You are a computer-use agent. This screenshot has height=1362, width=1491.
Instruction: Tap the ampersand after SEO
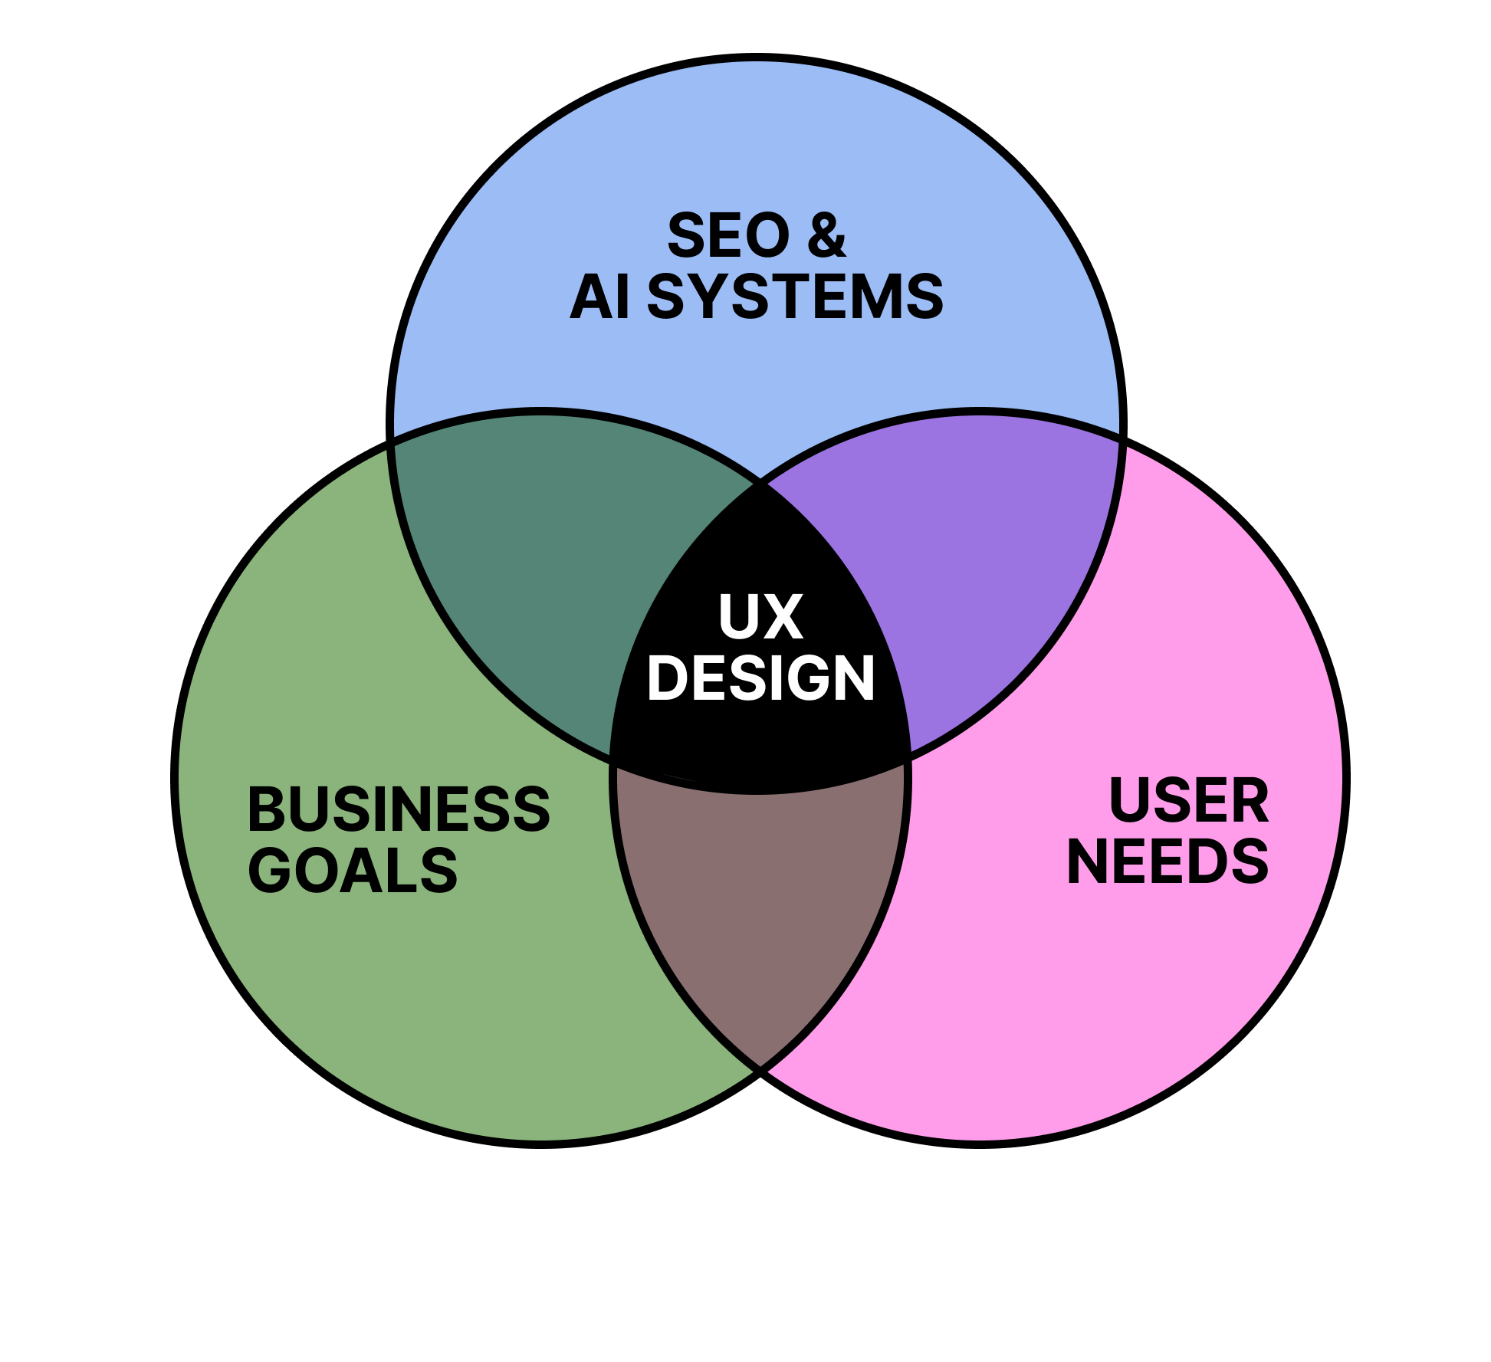pyautogui.click(x=826, y=236)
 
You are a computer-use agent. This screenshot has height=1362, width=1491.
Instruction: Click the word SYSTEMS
pyautogui.click(x=796, y=297)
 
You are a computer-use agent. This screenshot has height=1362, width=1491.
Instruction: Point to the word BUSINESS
pyautogui.click(x=399, y=809)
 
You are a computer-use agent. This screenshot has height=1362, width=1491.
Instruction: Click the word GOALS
pyautogui.click(x=353, y=871)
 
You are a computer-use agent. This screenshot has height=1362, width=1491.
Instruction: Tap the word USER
pyautogui.click(x=1189, y=801)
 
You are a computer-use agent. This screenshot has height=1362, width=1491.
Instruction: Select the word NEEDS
pyautogui.click(x=1168, y=862)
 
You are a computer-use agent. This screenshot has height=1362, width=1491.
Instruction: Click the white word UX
pyautogui.click(x=760, y=617)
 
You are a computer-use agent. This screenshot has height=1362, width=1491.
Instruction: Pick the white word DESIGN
pyautogui.click(x=760, y=678)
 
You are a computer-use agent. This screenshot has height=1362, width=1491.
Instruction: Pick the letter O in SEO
pyautogui.click(x=767, y=236)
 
